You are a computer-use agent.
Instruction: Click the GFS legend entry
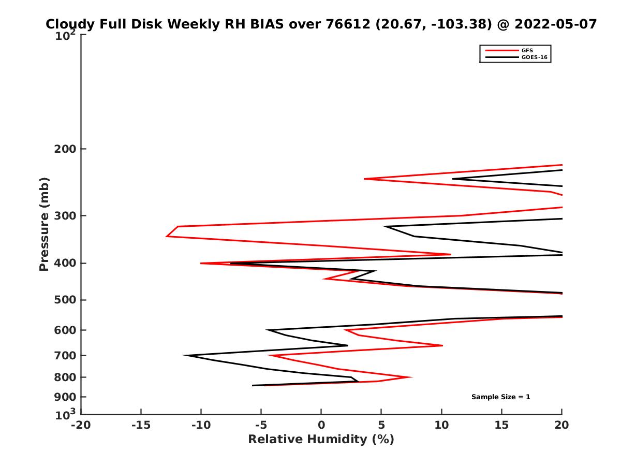click(528, 50)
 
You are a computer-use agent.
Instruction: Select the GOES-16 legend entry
click(533, 57)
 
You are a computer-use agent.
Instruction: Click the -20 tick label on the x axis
click(81, 426)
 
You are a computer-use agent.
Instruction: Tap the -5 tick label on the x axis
click(261, 426)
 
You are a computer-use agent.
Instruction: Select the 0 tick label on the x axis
click(321, 426)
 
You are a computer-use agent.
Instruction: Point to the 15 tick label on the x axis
click(501, 426)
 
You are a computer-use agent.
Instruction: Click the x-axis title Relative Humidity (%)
click(321, 440)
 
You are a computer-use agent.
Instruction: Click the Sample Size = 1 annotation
click(500, 397)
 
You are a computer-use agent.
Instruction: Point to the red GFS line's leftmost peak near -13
click(167, 236)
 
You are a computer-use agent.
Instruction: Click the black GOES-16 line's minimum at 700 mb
click(185, 355)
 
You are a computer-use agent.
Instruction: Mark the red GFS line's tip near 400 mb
click(201, 263)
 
